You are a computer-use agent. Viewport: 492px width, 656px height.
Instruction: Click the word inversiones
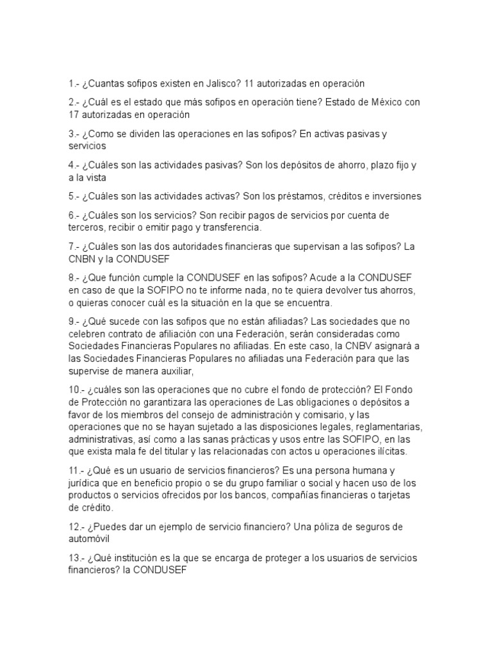391,196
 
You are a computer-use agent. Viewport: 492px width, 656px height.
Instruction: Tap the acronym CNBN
82,259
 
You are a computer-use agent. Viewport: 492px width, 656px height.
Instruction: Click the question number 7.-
74,247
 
